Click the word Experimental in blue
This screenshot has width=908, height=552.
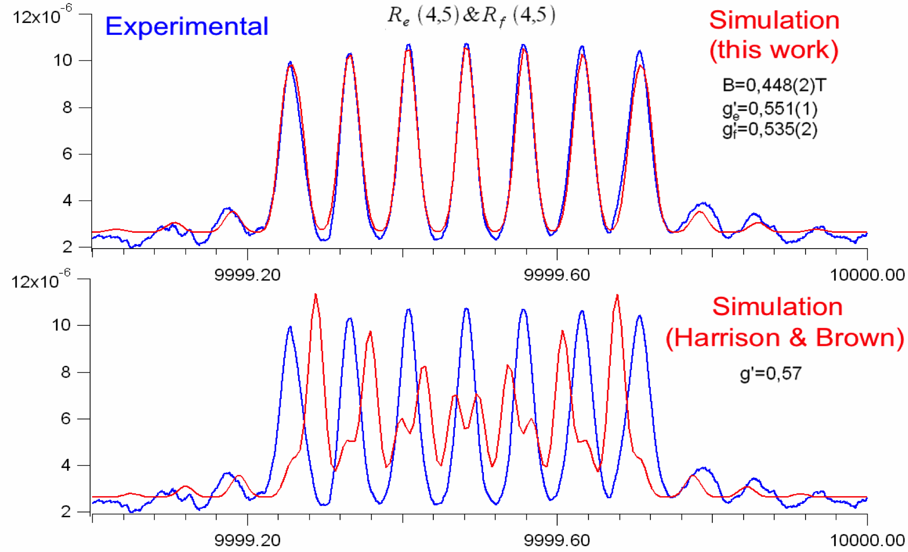click(186, 27)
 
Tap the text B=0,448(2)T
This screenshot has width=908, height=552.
click(774, 85)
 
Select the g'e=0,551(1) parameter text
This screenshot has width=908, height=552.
click(770, 108)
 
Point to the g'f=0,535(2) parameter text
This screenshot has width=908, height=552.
click(770, 130)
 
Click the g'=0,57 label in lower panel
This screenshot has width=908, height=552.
click(770, 373)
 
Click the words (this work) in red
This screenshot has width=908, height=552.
click(774, 50)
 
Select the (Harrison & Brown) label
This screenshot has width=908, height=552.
click(785, 338)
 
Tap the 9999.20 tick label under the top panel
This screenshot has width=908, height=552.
click(247, 275)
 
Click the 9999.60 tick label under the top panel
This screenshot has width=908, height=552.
click(557, 275)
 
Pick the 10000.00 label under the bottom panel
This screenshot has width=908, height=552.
click(867, 540)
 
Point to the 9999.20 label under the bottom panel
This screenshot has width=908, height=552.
click(247, 540)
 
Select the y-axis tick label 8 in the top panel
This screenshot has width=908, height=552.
click(67, 107)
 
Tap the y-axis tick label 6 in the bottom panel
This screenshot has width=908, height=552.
click(66, 418)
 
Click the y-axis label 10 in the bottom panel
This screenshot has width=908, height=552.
click(61, 325)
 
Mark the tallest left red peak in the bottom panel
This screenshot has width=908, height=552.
click(315, 295)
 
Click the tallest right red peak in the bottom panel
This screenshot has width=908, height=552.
click(617, 296)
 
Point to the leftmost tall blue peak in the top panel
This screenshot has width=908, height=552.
click(290, 63)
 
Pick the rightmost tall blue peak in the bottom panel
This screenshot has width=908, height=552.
click(639, 317)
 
